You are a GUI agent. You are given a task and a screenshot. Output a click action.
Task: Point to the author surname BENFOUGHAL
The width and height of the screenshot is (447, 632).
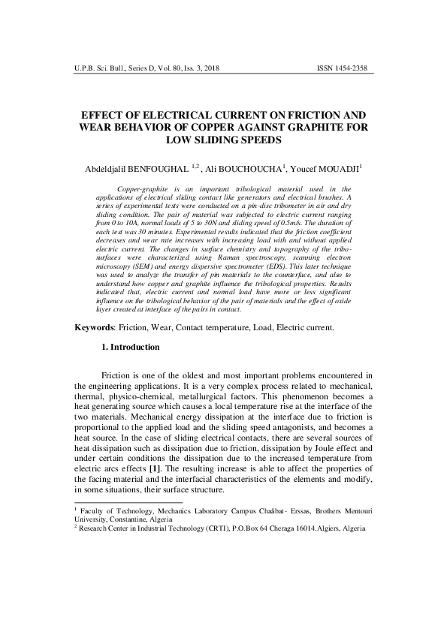157,170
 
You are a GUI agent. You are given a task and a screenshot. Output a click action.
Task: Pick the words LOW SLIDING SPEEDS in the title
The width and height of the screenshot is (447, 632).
223,140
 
